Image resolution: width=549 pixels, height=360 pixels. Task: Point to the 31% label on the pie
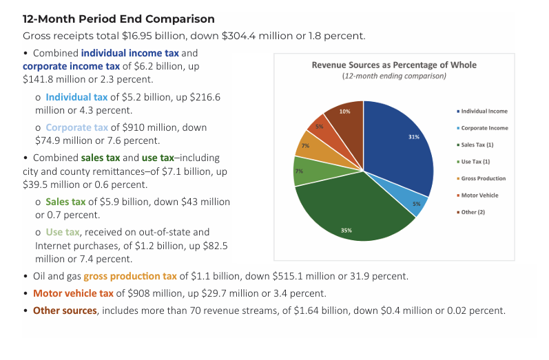[413, 137]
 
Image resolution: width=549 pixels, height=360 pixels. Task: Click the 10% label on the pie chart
[344, 111]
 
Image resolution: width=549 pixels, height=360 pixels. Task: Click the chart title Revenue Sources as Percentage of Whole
[394, 65]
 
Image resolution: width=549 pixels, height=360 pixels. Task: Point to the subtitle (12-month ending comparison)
[394, 76]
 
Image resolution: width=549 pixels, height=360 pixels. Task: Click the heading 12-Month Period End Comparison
[118, 19]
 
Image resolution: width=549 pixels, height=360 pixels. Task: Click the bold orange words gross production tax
[130, 276]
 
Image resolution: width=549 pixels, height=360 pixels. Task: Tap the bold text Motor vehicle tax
[73, 293]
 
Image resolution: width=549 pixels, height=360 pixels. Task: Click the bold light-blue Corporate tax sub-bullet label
[77, 127]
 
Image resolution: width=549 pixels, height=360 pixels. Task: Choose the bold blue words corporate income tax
[72, 66]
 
